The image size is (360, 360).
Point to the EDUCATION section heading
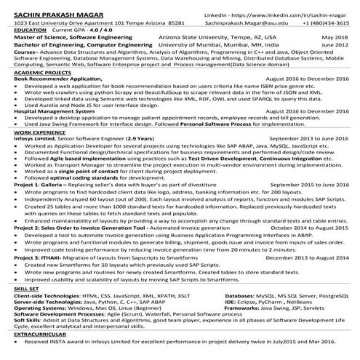[x=29, y=29]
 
